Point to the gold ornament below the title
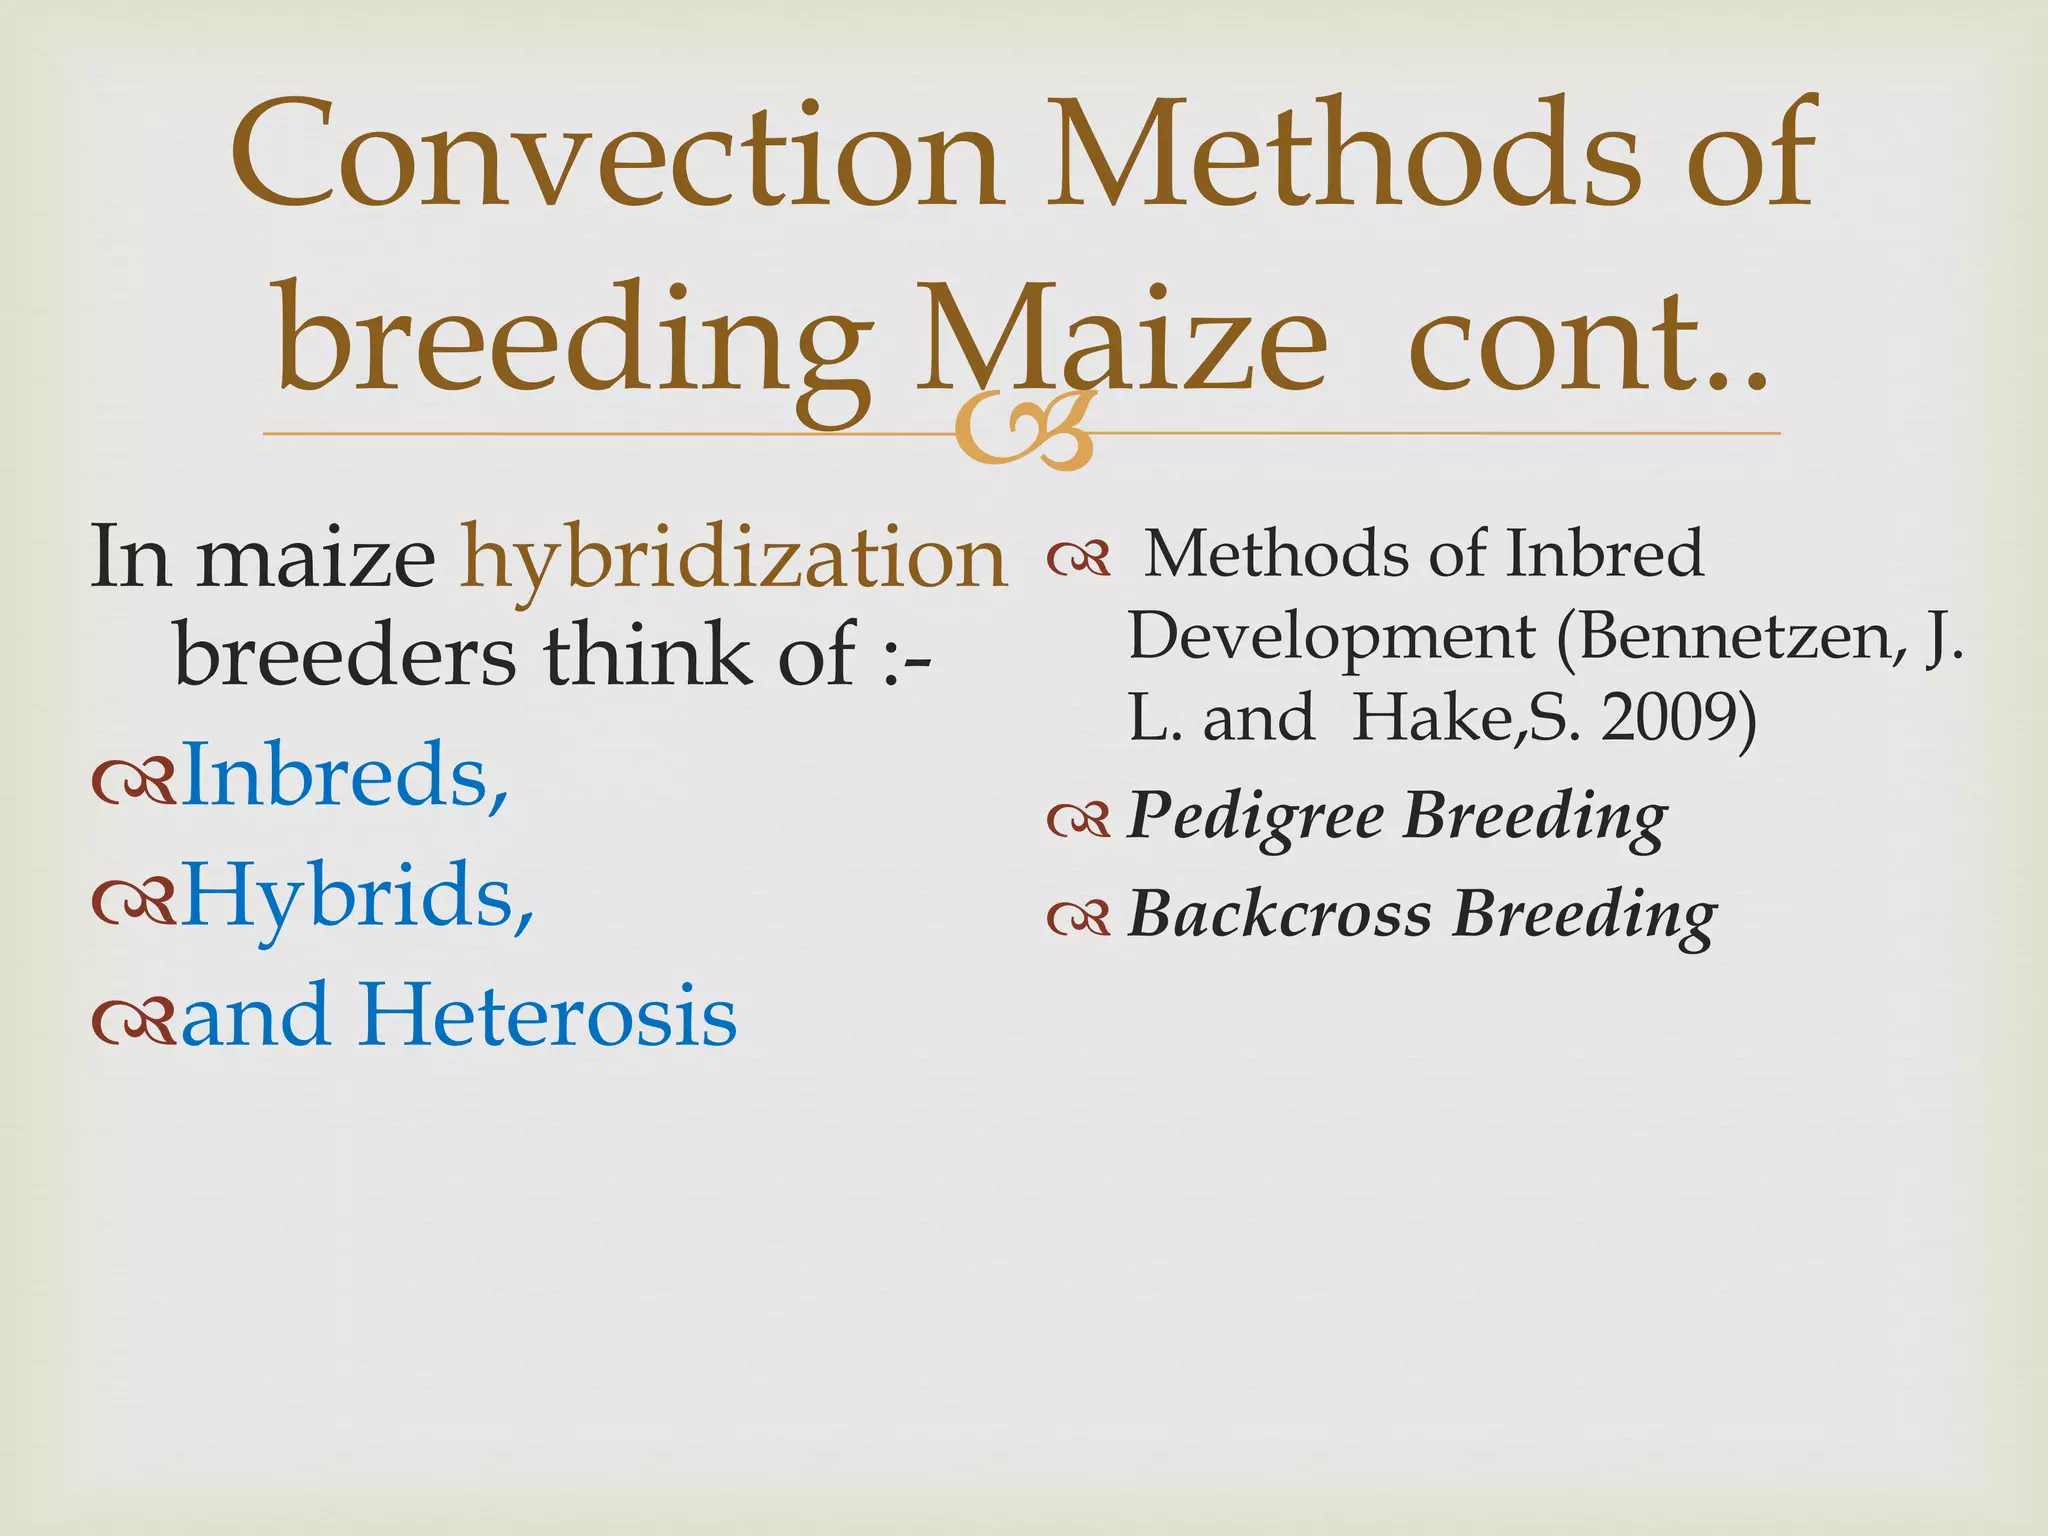click(1022, 432)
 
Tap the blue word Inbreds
click(345, 775)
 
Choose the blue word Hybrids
click(357, 895)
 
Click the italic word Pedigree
click(1256, 817)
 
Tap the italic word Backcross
click(1280, 914)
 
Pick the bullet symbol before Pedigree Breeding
click(1078, 820)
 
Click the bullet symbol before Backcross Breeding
click(1078, 917)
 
